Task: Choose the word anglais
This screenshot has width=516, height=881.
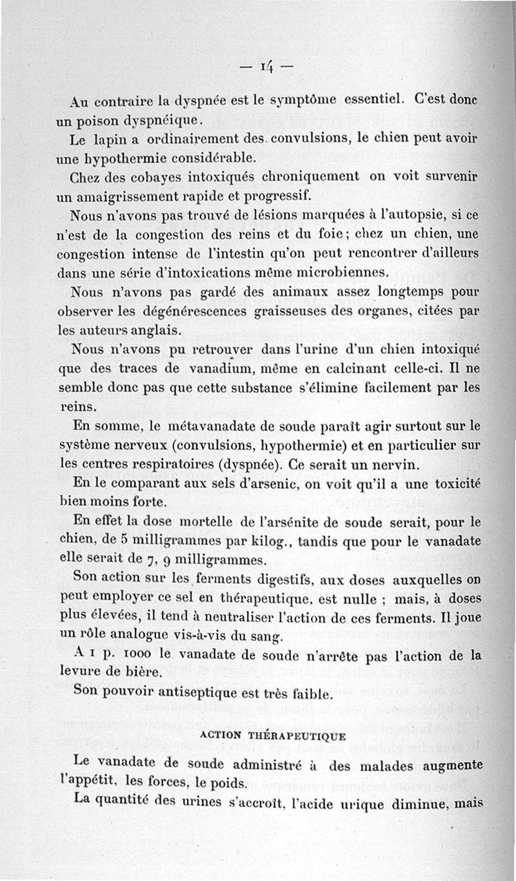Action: [155, 330]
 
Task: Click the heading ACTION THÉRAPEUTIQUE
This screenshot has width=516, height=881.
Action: [273, 736]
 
